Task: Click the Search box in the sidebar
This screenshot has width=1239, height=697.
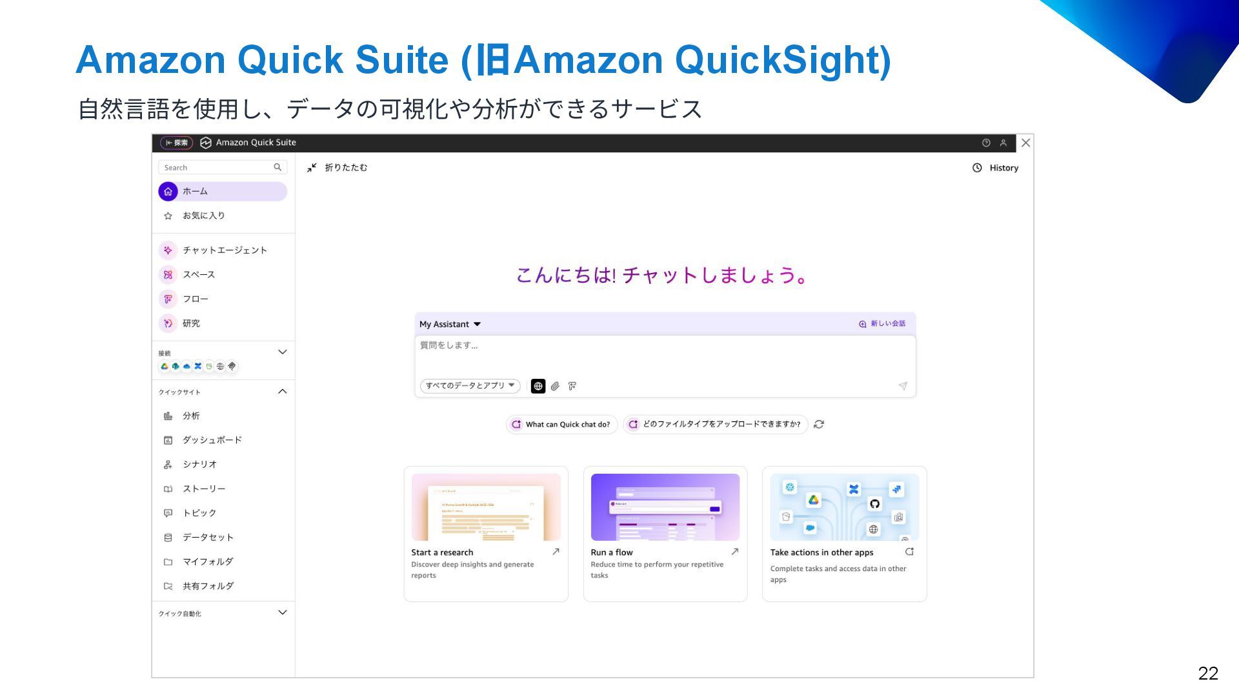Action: pyautogui.click(x=216, y=168)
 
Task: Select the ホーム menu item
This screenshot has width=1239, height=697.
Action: pyautogui.click(x=195, y=192)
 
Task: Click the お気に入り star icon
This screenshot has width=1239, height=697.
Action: pyautogui.click(x=168, y=216)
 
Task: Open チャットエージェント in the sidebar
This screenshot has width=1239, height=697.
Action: pyautogui.click(x=224, y=250)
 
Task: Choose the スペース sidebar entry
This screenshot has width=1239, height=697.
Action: pyautogui.click(x=198, y=275)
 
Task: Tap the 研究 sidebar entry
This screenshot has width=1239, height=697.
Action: pyautogui.click(x=191, y=323)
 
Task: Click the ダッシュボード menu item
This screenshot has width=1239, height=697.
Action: pyautogui.click(x=212, y=440)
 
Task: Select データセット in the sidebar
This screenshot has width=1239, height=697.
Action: pyautogui.click(x=207, y=538)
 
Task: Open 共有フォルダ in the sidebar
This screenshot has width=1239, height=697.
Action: pyautogui.click(x=207, y=586)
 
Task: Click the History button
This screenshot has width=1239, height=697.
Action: pyautogui.click(x=995, y=168)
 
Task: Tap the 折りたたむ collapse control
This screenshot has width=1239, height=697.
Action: pyautogui.click(x=337, y=168)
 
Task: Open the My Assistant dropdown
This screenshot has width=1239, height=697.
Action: pyautogui.click(x=450, y=324)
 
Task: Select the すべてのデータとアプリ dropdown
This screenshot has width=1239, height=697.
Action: pyautogui.click(x=470, y=386)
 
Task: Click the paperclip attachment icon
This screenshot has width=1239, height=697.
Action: pyautogui.click(x=555, y=387)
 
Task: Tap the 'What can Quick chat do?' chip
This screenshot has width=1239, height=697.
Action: pyautogui.click(x=561, y=425)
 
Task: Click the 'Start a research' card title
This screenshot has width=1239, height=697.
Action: pyautogui.click(x=442, y=552)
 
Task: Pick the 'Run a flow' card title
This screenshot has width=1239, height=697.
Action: pyautogui.click(x=611, y=552)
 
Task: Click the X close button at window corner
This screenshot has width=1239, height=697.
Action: pyautogui.click(x=1025, y=143)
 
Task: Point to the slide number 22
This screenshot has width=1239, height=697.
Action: pyautogui.click(x=1207, y=674)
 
